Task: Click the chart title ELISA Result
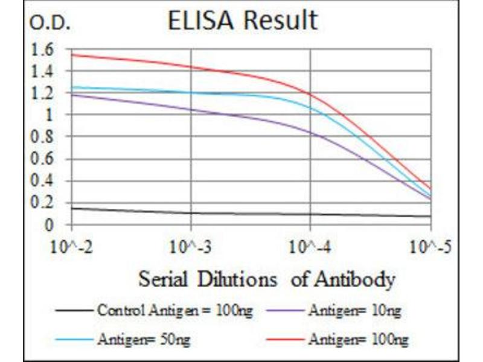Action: tap(242, 21)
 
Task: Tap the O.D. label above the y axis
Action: tap(50, 24)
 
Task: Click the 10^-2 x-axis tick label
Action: tap(72, 247)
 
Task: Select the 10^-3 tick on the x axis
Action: tap(191, 247)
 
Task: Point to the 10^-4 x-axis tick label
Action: tap(310, 247)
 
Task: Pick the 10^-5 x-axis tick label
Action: tap(429, 247)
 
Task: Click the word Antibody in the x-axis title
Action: tap(360, 279)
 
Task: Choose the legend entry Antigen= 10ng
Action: tap(354, 311)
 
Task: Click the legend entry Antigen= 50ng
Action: tap(143, 340)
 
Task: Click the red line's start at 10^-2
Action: tap(72, 55)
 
